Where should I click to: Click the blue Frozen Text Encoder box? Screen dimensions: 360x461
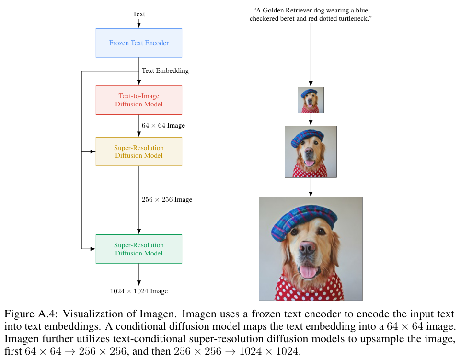[x=139, y=43]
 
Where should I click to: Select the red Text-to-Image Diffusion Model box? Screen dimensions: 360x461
[x=139, y=100]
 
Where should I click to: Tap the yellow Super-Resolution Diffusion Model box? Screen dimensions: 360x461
[x=139, y=151]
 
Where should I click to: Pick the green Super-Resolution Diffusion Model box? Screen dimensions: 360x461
[x=139, y=249]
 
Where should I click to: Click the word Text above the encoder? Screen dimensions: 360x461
[x=139, y=14]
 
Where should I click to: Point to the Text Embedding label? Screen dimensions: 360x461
[x=165, y=70]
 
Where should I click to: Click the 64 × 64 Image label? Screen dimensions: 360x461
[x=163, y=125]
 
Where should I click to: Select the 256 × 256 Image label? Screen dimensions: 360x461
[x=167, y=199]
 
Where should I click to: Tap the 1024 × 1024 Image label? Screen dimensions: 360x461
[x=139, y=291]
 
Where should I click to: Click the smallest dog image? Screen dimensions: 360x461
[x=311, y=100]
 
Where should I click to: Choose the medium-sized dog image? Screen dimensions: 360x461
[x=311, y=151]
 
